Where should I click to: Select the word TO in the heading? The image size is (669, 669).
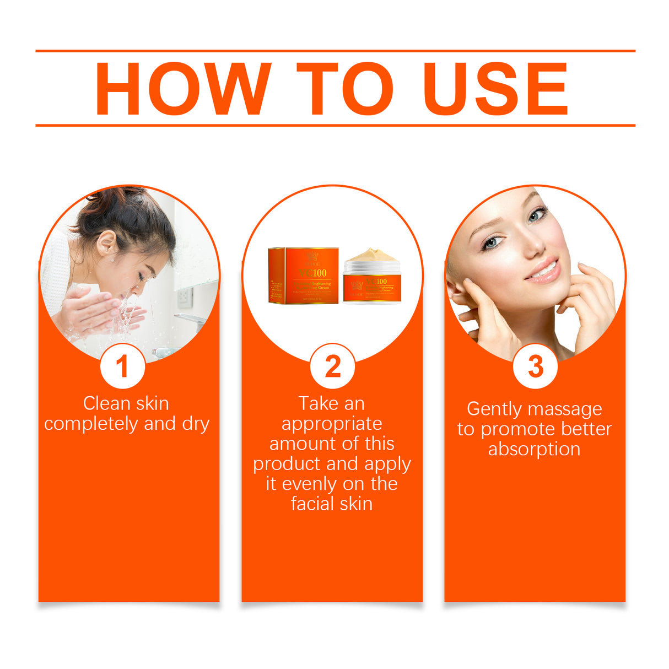pos(344,89)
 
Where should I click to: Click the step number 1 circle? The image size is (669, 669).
pos(122,366)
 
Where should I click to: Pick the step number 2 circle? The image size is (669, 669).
pos(332,366)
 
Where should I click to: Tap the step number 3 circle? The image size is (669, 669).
pos(535,366)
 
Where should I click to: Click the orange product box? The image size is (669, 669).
pos(303,275)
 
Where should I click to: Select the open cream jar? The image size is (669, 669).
pos(372,281)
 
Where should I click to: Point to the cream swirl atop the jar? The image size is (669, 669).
pos(371,255)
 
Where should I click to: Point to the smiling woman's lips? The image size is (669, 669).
pos(543,271)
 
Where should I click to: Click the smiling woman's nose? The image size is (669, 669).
pos(533,245)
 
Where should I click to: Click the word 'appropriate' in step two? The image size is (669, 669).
pos(332,424)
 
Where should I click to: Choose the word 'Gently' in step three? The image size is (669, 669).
pos(494,409)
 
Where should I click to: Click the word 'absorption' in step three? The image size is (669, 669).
pos(534,449)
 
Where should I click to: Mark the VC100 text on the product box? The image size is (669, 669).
pos(313,273)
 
